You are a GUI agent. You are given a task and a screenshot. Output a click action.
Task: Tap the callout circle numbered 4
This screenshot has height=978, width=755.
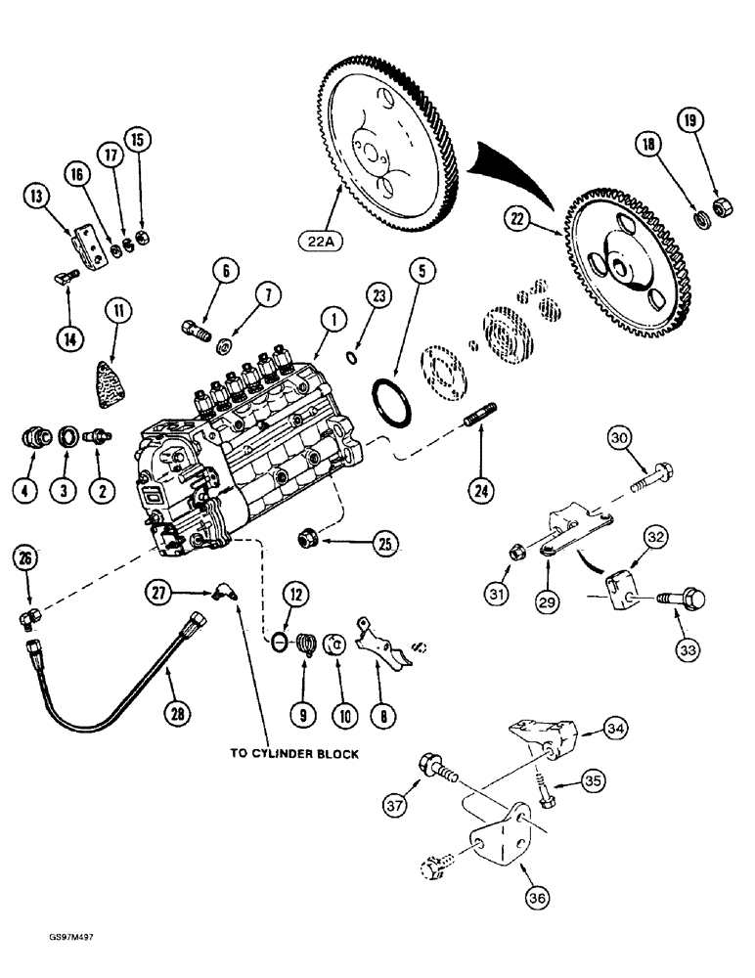click(x=26, y=487)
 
